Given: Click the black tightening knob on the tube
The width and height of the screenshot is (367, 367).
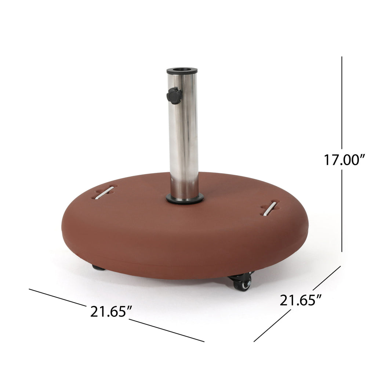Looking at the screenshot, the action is [x=174, y=95].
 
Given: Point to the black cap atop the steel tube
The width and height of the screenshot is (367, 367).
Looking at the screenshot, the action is [x=182, y=71].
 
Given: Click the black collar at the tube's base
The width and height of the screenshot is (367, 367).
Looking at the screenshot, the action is [x=185, y=199].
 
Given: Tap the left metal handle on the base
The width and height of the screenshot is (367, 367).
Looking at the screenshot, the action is [x=104, y=193].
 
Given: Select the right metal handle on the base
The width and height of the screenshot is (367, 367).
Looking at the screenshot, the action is [x=270, y=208].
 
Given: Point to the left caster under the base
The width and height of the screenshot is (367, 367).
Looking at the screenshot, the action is [x=98, y=268].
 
